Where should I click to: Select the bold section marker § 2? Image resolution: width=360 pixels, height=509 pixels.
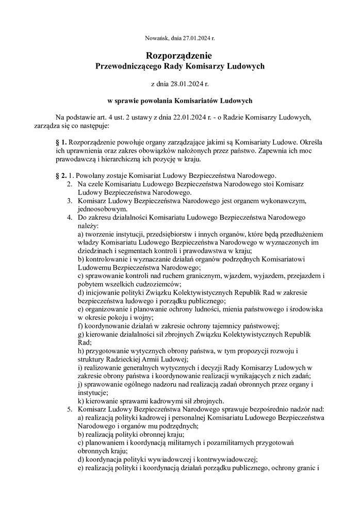(x=61, y=176)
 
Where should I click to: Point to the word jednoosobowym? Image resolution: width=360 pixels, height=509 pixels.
(x=102, y=209)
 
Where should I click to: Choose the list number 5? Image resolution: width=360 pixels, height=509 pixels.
(x=70, y=409)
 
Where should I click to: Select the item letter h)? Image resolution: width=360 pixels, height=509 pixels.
(x=81, y=351)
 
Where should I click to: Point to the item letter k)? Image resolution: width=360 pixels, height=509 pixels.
(x=81, y=401)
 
